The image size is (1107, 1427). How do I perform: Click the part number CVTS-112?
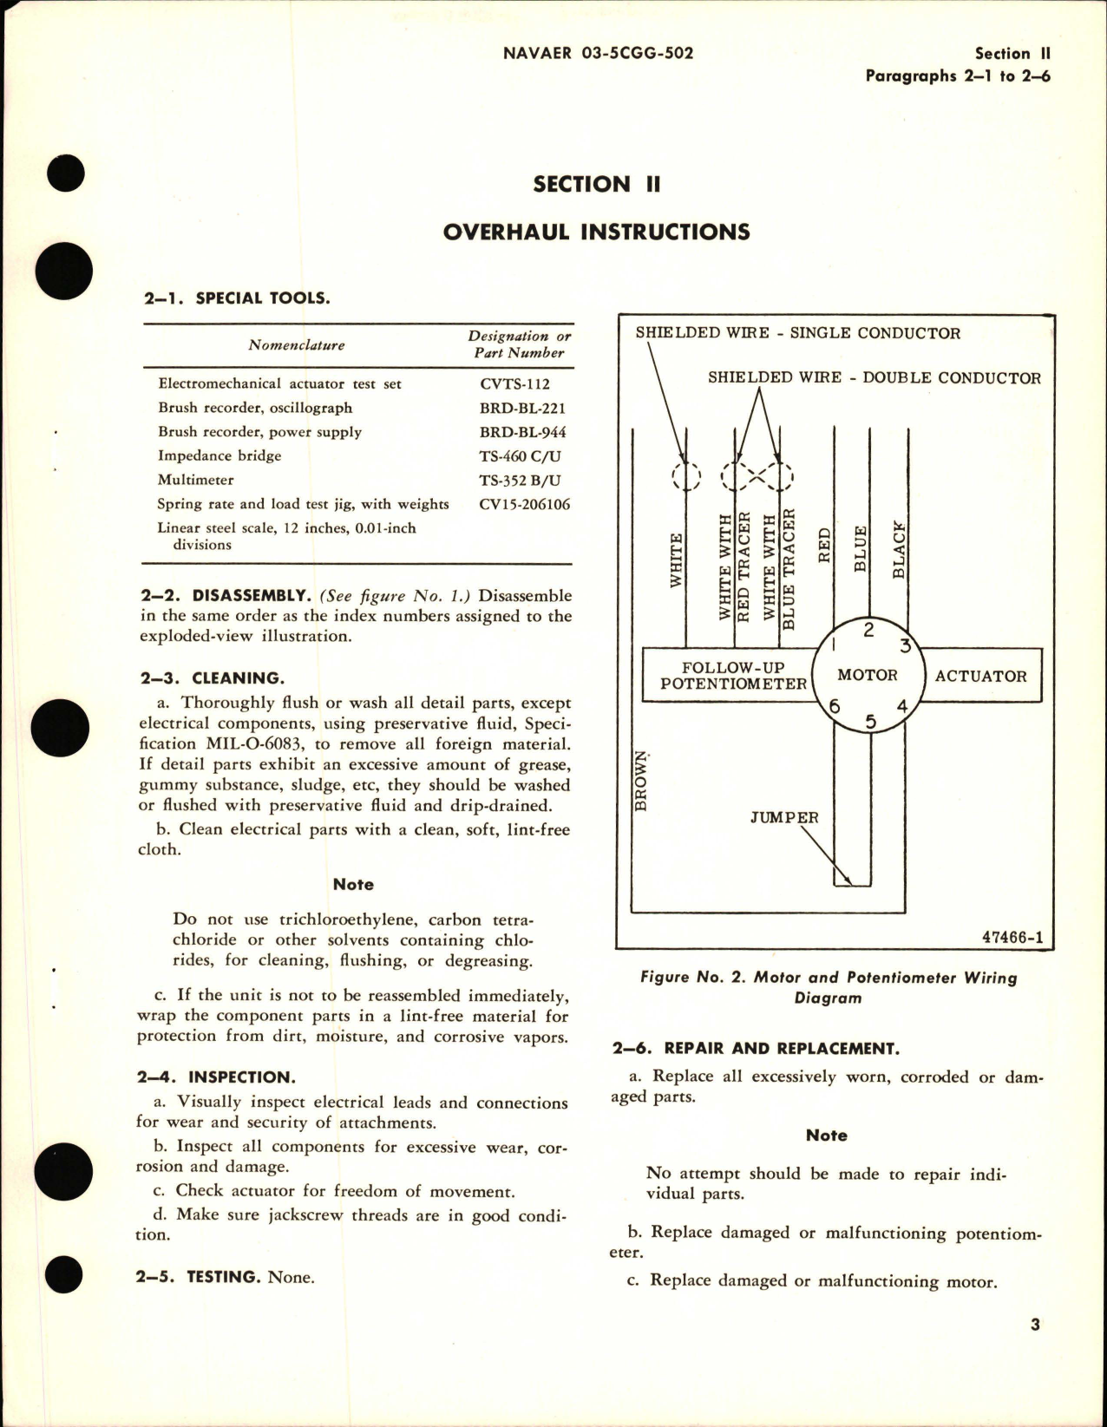514,383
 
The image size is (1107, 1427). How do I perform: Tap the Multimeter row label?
195,480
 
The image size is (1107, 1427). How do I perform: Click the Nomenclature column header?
296,344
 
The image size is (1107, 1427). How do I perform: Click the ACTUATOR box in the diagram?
980,676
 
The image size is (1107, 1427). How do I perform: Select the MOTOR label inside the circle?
867,675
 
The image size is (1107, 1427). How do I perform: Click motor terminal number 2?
868,631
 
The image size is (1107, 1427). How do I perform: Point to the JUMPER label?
783,817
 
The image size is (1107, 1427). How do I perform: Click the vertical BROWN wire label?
641,781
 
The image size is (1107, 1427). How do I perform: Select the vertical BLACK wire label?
899,550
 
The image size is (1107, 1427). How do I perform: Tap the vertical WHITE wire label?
677,561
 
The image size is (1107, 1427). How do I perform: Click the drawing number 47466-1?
1012,938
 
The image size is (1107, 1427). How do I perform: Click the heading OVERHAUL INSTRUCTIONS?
596,232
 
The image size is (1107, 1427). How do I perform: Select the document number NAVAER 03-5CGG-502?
598,53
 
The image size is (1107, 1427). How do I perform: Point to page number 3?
1035,1325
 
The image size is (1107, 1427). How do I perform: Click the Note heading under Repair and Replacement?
826,1135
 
